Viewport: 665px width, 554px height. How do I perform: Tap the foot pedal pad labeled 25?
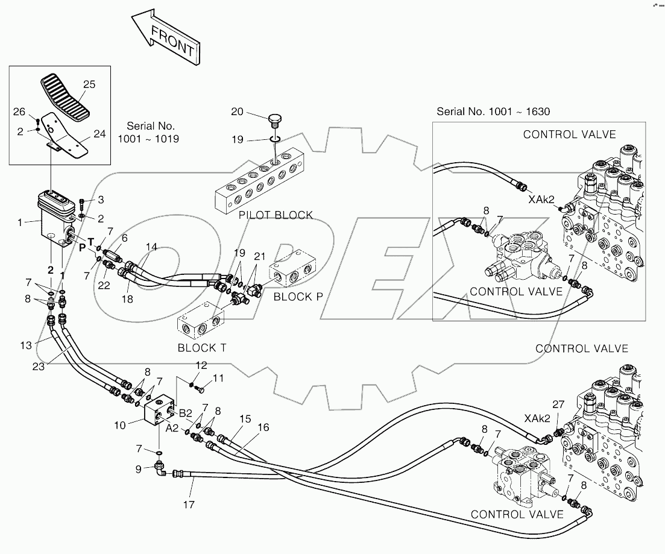coord(65,96)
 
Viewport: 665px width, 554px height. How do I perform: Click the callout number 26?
coord(20,112)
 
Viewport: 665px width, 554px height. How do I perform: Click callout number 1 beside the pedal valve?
coord(20,222)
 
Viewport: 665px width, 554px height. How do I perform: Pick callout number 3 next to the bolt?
coord(101,200)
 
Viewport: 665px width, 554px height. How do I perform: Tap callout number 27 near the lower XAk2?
coord(558,406)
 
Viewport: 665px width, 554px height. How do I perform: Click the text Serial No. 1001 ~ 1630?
coord(493,112)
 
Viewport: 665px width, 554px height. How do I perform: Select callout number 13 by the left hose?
coord(26,345)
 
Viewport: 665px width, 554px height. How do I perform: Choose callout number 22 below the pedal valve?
coord(104,285)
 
